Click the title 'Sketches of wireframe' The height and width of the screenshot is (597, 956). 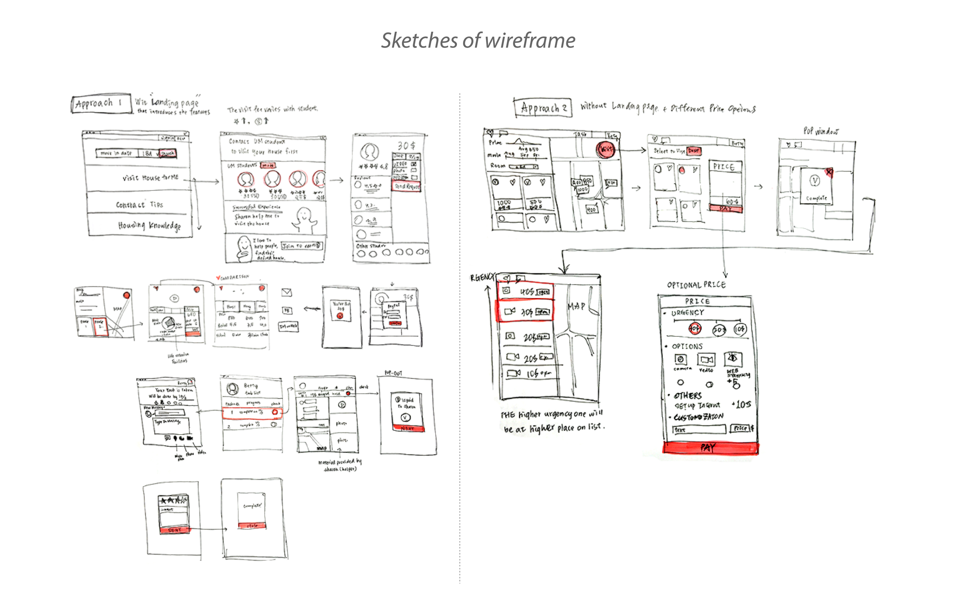[x=478, y=41]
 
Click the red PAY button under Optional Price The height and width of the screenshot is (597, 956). [x=710, y=448]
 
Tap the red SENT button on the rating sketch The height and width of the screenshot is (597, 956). [x=174, y=530]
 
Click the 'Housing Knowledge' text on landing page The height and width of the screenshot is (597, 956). [x=149, y=225]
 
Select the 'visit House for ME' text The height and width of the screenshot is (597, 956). [x=150, y=178]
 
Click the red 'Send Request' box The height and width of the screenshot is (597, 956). [x=406, y=187]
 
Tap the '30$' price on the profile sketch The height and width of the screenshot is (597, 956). [x=406, y=146]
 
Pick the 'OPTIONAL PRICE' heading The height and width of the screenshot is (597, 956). [x=696, y=285]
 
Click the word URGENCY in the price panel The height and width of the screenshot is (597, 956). [x=688, y=313]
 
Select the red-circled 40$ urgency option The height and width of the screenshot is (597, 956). [x=694, y=328]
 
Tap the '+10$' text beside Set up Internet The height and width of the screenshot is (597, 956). [x=741, y=404]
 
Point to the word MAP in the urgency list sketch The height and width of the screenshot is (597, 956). [x=576, y=307]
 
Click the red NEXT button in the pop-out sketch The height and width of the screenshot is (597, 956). [x=408, y=428]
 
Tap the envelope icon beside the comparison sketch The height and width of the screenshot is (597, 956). [x=286, y=292]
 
